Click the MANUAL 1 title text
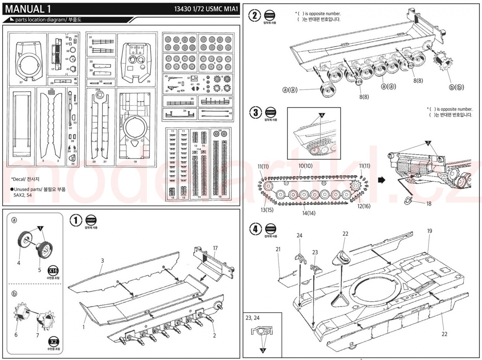[28, 8]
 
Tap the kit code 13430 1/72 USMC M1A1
[207, 9]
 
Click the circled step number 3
[256, 112]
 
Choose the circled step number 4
[256, 229]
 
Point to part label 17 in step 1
[215, 248]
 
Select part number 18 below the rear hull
[429, 204]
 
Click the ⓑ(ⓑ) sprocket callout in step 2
[456, 87]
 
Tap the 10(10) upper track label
[305, 166]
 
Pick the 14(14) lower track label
[309, 213]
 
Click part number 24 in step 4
[299, 235]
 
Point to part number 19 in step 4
[430, 231]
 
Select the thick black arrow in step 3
[381, 180]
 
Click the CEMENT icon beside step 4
[270, 228]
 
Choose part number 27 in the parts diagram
[21, 82]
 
